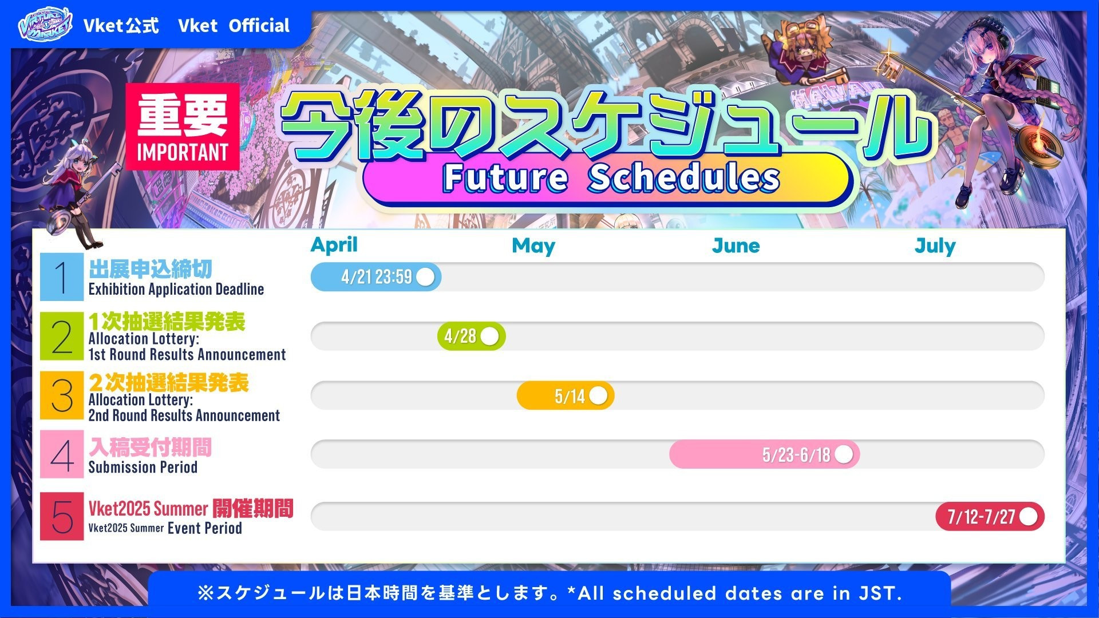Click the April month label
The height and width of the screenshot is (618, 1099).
pyautogui.click(x=334, y=245)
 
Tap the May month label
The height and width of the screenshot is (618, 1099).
pyautogui.click(x=533, y=246)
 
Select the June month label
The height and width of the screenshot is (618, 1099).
pyautogui.click(x=736, y=246)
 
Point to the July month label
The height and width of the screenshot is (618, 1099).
pyautogui.click(x=935, y=246)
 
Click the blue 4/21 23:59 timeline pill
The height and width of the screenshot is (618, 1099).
pyautogui.click(x=376, y=277)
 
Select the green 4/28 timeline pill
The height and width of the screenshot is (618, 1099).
pyautogui.click(x=471, y=336)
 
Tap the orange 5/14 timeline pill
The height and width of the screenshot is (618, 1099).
pyautogui.click(x=566, y=396)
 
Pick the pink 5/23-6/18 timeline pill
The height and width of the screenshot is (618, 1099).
pyautogui.click(x=765, y=454)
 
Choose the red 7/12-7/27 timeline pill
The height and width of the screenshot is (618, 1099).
pyautogui.click(x=990, y=517)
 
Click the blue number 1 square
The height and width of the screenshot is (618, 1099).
pyautogui.click(x=62, y=277)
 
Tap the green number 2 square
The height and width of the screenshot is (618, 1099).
pyautogui.click(x=62, y=336)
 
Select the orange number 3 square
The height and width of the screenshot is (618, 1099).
pyautogui.click(x=62, y=395)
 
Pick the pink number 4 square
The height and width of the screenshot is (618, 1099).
pyautogui.click(x=62, y=454)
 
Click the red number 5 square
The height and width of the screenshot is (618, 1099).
pyautogui.click(x=62, y=516)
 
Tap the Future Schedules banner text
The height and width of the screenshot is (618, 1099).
pyautogui.click(x=611, y=177)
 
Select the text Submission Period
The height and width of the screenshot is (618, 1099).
pyautogui.click(x=143, y=468)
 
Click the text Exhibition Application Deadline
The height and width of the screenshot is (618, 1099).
pyautogui.click(x=176, y=290)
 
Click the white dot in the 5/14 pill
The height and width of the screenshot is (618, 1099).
pyautogui.click(x=598, y=396)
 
